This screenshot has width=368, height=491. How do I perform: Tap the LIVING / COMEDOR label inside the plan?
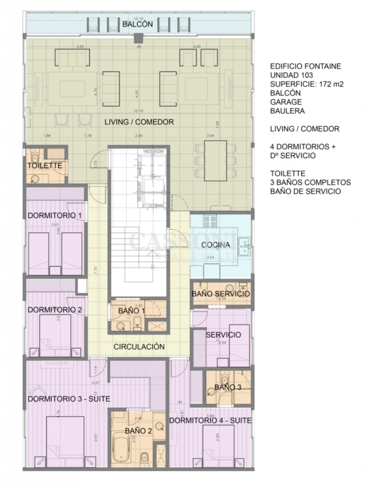(139, 122)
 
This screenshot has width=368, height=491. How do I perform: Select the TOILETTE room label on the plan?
(44, 165)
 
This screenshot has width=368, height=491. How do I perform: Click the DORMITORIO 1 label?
(55, 215)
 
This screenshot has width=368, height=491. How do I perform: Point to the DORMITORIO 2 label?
(55, 310)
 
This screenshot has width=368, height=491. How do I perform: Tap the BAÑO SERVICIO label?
(221, 294)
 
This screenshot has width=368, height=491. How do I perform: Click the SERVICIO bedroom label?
(223, 334)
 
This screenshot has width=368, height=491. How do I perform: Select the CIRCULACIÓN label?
(139, 346)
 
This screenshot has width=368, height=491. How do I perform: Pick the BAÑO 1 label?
(131, 311)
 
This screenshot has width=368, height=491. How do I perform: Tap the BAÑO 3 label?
(227, 387)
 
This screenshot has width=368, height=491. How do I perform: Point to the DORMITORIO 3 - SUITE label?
(69, 399)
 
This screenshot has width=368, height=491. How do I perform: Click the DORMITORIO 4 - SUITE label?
(210, 421)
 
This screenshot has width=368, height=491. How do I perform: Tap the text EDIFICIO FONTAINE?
(305, 67)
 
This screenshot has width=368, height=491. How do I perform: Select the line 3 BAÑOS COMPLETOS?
(310, 182)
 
